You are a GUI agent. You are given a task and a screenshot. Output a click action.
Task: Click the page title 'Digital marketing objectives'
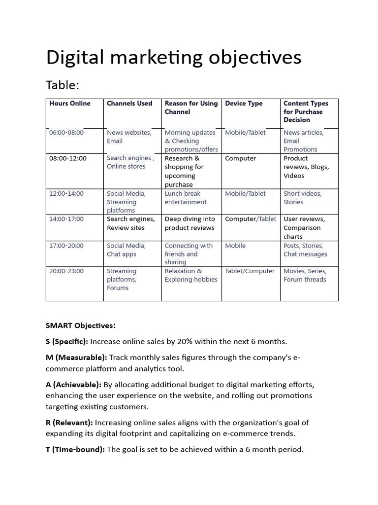(173, 58)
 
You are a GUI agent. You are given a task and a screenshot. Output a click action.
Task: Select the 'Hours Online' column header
(70, 104)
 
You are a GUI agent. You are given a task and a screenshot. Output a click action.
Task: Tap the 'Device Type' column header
(244, 104)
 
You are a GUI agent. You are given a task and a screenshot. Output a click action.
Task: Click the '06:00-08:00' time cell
(66, 133)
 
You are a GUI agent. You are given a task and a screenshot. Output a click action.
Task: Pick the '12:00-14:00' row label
(66, 194)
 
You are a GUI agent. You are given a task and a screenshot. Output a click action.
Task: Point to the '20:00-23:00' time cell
(66, 271)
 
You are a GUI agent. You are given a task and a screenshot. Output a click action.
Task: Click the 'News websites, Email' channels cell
(129, 137)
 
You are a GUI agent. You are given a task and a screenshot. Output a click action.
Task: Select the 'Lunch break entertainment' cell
(186, 198)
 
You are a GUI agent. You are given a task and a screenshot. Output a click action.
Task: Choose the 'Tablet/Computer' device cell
(250, 271)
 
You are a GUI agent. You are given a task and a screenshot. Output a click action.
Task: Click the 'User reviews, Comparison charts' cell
(304, 228)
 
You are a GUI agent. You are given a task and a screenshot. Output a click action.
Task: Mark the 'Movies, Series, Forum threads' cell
(305, 275)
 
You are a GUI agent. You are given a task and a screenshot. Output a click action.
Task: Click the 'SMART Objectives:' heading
(81, 325)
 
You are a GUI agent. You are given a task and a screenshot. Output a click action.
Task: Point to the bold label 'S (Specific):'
(67, 341)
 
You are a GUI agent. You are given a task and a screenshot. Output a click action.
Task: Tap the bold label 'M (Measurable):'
(76, 358)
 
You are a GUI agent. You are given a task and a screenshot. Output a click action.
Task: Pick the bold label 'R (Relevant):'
(69, 423)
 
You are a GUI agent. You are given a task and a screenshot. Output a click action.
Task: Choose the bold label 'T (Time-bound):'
(75, 449)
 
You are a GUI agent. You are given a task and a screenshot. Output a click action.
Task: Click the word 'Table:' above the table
(63, 85)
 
